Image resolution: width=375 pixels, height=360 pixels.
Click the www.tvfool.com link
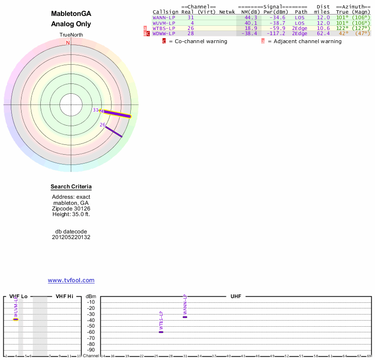(x=71, y=280)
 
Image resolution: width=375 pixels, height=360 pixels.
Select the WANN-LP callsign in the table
(x=164, y=17)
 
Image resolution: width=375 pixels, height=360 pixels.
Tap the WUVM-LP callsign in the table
(x=164, y=22)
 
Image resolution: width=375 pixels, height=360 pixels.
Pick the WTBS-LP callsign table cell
(x=164, y=28)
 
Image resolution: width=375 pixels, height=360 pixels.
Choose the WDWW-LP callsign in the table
(x=164, y=33)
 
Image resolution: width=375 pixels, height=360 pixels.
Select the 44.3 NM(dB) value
(x=251, y=17)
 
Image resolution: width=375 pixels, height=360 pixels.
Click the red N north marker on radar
(x=68, y=43)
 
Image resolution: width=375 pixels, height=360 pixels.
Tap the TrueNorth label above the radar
(x=71, y=36)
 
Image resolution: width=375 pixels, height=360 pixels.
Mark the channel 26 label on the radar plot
(x=103, y=125)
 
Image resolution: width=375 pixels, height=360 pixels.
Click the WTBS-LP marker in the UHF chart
(x=161, y=332)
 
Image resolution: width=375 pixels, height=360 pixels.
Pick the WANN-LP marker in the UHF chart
(x=185, y=317)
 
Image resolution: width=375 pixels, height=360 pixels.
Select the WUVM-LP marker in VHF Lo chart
(x=15, y=319)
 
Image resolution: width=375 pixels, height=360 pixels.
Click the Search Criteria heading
(x=71, y=187)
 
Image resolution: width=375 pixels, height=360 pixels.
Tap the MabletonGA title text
(x=71, y=14)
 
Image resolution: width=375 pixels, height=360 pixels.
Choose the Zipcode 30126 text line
(x=71, y=209)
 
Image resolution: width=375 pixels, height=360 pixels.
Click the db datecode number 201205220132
(x=71, y=237)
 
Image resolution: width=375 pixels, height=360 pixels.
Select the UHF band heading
(x=235, y=296)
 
